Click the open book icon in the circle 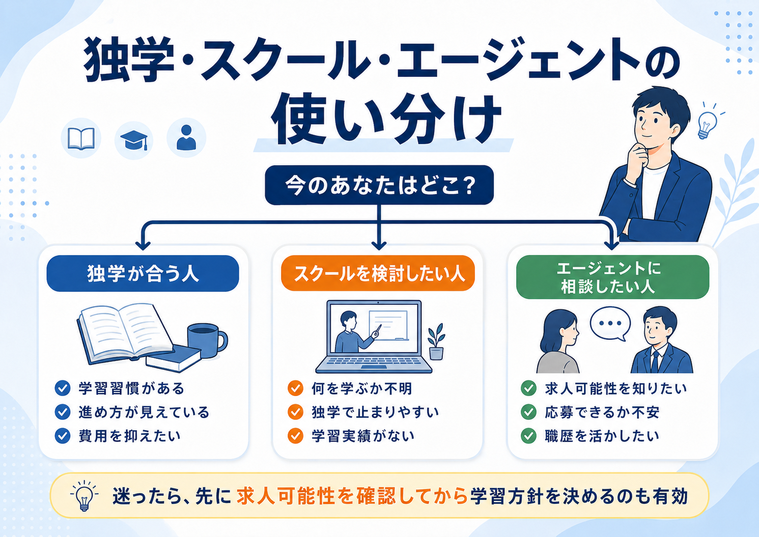(x=81, y=138)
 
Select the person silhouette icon (x=186, y=137)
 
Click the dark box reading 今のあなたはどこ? (x=379, y=185)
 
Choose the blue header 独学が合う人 (x=143, y=273)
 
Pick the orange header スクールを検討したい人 (x=378, y=273)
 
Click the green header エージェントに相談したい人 (x=612, y=277)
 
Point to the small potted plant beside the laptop (x=436, y=342)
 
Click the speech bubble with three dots (x=610, y=323)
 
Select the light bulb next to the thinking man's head (x=708, y=125)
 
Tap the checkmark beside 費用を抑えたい (x=62, y=436)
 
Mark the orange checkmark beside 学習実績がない (x=295, y=436)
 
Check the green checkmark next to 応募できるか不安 (x=528, y=412)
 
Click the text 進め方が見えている (x=144, y=412)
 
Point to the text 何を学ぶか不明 (x=362, y=388)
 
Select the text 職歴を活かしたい (x=602, y=436)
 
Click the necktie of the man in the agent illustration (x=656, y=362)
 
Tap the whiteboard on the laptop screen (x=388, y=325)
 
